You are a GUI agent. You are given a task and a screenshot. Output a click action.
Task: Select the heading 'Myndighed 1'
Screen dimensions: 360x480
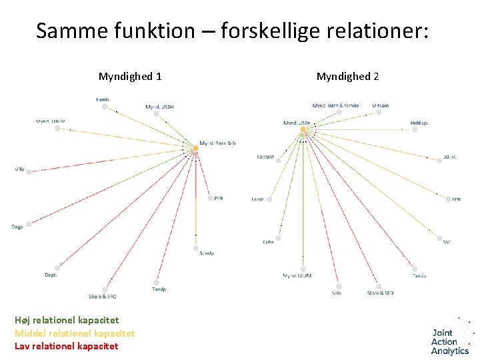coord(130,77)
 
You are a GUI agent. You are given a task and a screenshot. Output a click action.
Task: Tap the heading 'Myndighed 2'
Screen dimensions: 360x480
coord(347,77)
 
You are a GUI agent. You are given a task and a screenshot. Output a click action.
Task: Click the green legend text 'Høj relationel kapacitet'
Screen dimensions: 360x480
coord(67,320)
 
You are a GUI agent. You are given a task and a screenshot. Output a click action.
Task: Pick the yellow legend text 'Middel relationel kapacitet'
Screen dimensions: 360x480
coord(75,333)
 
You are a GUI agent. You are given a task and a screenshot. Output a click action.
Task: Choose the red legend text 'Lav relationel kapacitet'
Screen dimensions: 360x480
coord(66,346)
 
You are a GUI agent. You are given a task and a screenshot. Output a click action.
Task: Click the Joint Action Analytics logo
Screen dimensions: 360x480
coord(451,338)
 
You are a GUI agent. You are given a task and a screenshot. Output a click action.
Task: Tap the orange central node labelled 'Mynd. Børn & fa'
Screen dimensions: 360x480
coord(196,147)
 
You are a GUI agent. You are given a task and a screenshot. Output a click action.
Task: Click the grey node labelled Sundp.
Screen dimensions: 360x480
coord(196,248)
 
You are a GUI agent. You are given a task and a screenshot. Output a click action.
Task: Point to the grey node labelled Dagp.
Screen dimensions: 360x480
coord(29,224)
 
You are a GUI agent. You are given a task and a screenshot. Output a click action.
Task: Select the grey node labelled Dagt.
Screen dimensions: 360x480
coord(57,269)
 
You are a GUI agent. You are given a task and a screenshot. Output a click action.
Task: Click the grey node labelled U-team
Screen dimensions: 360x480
coord(378,112)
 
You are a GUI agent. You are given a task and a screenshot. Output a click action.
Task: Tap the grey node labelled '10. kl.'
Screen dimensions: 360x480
coord(437,158)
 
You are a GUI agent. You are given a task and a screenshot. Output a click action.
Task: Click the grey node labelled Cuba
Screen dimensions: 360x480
coord(278,237)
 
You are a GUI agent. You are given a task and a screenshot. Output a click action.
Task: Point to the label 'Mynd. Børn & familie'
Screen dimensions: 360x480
coord(335,105)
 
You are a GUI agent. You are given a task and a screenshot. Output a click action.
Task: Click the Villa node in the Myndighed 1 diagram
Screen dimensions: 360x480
coord(30,170)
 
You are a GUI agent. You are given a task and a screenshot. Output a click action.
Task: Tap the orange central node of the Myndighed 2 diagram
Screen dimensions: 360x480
coord(303,129)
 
